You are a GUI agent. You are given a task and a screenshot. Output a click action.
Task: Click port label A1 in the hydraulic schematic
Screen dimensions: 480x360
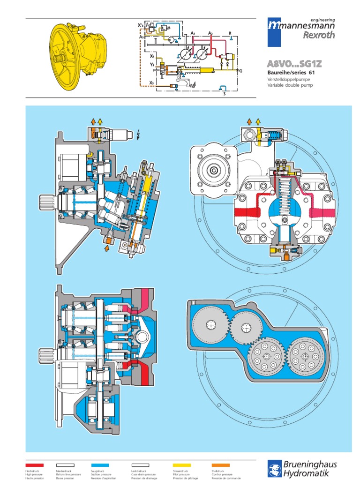(193, 33)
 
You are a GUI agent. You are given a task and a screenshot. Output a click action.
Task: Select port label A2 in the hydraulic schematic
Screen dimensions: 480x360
(210, 33)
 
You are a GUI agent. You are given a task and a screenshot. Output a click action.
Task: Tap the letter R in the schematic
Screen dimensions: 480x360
(230, 33)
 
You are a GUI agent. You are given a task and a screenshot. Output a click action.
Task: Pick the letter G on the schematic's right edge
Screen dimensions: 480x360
(240, 71)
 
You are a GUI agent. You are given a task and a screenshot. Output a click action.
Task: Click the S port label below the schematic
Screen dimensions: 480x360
(225, 94)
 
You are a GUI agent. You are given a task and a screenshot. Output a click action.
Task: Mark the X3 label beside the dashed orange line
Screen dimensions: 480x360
(151, 82)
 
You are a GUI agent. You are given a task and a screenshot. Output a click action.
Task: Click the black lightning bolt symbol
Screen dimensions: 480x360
(137, 135)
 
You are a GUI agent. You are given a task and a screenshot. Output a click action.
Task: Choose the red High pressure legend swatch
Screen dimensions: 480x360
(35, 465)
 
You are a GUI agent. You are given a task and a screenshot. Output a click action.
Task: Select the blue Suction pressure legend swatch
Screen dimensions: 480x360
(99, 465)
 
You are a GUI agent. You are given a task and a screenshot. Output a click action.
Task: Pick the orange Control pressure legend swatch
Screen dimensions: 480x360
(221, 465)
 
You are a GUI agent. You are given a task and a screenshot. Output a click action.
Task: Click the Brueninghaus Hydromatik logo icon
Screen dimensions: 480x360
(275, 468)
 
